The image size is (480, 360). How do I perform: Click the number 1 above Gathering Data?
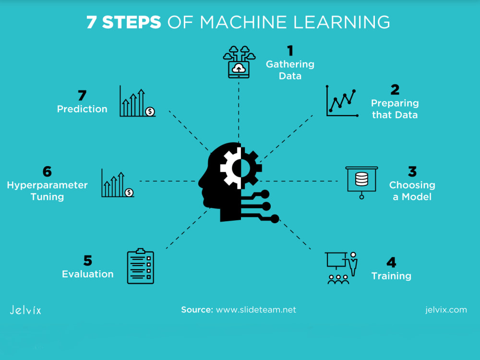pos(290,50)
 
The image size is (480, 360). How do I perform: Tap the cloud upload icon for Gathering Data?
pos(239,62)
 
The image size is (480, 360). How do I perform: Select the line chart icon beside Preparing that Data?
pos(342,101)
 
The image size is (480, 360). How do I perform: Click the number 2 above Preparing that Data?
pos(395,90)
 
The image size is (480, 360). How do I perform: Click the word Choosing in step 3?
pos(412,185)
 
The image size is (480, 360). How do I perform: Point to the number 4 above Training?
pos(391,263)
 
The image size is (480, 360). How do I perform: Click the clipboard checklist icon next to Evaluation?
pos(141,266)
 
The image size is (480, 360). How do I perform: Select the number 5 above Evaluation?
pos(87,261)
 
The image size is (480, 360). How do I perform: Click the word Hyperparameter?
pos(47,185)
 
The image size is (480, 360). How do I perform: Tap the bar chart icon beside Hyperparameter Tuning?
pos(118,183)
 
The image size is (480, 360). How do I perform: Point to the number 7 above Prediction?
pos(82,96)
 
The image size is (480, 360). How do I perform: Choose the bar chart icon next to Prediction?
pos(137,101)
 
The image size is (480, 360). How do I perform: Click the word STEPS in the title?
pos(132,23)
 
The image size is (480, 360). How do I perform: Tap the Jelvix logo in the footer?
pos(25,310)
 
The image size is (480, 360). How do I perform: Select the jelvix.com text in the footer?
pos(446,310)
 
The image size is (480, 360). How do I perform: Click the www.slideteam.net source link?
pos(256,310)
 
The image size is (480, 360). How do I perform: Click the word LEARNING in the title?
pos(342,23)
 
